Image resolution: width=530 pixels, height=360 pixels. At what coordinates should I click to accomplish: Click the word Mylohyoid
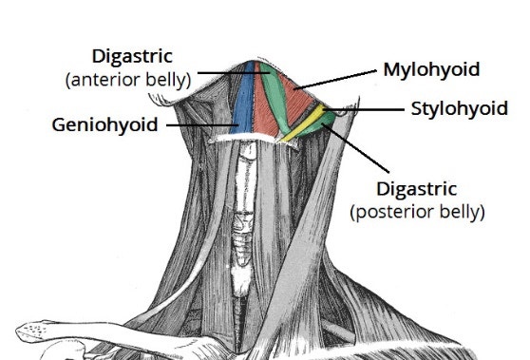pos(430,69)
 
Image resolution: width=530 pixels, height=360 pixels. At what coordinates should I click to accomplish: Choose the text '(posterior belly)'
pos(417,211)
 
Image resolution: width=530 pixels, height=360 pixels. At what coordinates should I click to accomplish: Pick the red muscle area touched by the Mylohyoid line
pos(302,95)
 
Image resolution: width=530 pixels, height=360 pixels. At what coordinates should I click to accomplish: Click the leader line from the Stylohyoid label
pos(366,108)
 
